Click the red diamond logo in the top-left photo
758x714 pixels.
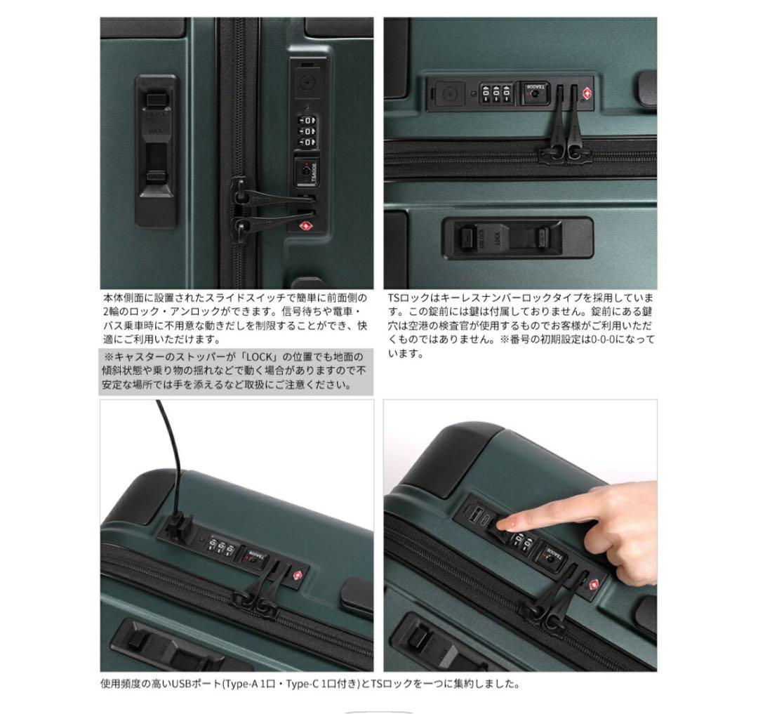click(x=305, y=226)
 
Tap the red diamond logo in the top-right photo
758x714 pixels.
click(x=585, y=94)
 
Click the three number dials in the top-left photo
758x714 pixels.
click(x=307, y=131)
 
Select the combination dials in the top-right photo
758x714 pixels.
click(x=496, y=94)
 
